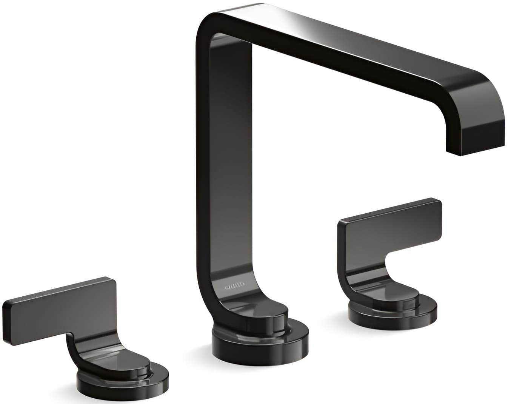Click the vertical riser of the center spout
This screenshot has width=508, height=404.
point(223,170)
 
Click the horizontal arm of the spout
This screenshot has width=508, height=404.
point(340,57)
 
